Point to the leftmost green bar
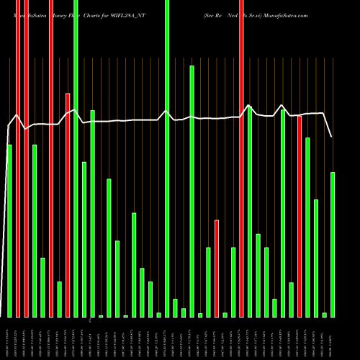click(x=9, y=230)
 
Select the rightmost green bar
click(x=333, y=245)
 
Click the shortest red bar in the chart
click(x=217, y=268)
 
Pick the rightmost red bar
click(x=300, y=216)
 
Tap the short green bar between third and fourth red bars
click(x=59, y=299)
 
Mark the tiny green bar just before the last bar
click(x=325, y=315)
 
